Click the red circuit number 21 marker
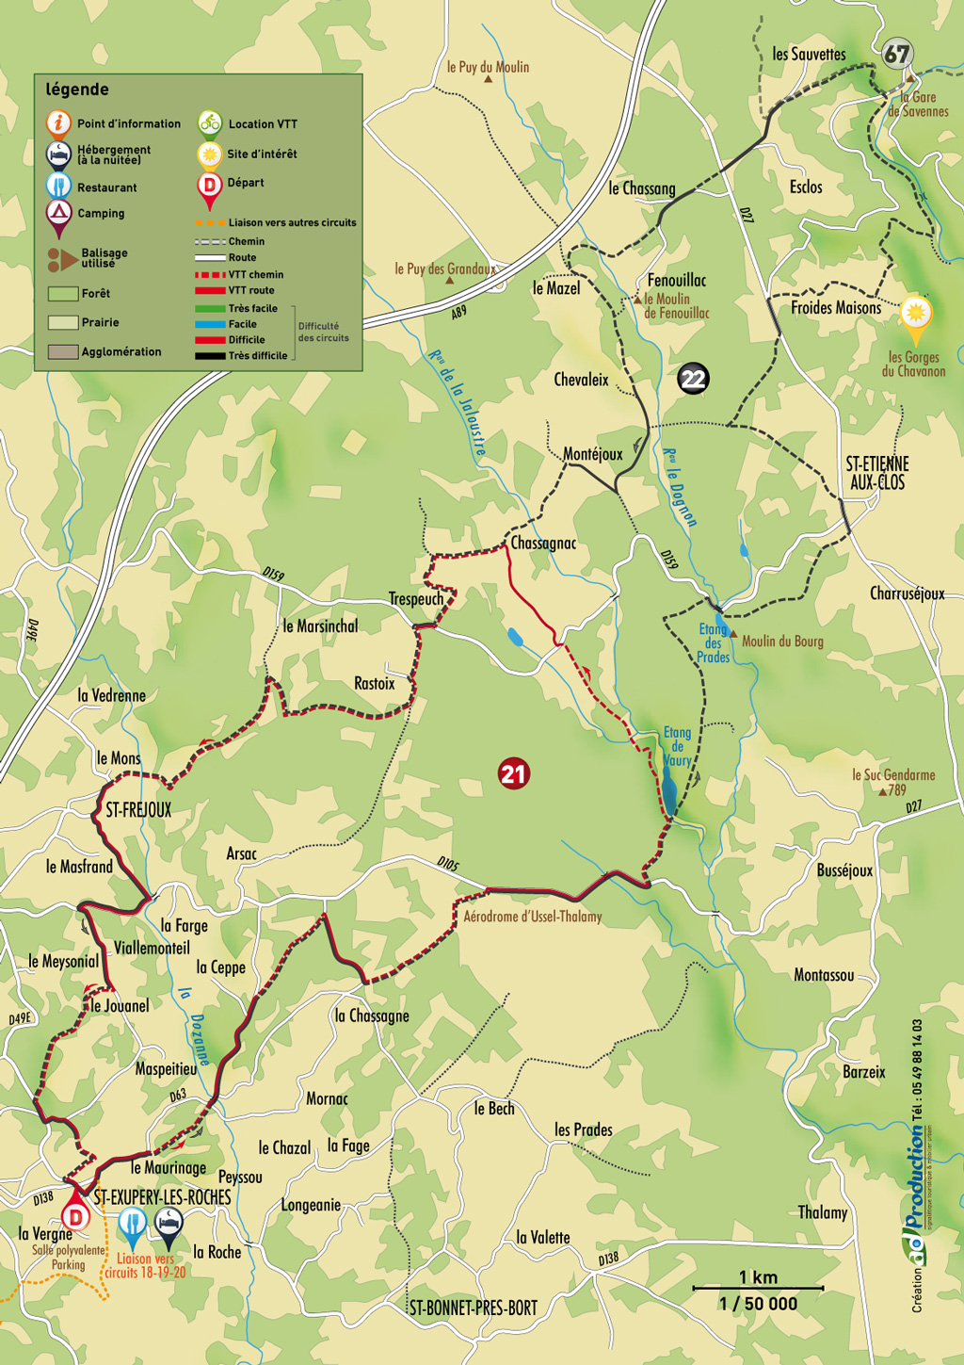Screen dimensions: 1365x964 click(x=513, y=774)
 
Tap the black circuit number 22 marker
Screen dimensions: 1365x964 click(x=693, y=379)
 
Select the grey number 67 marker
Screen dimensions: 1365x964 click(x=897, y=54)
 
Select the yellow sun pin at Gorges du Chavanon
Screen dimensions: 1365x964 click(x=915, y=314)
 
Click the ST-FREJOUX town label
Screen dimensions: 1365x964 click(x=138, y=809)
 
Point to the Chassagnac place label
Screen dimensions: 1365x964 click(x=543, y=544)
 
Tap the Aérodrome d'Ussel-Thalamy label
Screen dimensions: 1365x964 click(x=532, y=917)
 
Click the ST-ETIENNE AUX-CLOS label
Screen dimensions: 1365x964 click(x=877, y=473)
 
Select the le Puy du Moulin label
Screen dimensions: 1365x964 click(x=488, y=67)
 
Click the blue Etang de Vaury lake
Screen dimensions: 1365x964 click(x=668, y=789)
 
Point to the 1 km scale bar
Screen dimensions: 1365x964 click(x=758, y=1287)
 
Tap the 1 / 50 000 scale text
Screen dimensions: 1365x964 click(x=758, y=1305)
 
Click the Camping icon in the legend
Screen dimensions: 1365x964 click(x=58, y=213)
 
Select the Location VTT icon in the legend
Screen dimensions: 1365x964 click(x=209, y=123)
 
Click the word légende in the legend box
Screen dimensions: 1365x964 click(x=77, y=89)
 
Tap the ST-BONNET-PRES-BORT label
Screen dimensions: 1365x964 click(x=474, y=1308)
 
